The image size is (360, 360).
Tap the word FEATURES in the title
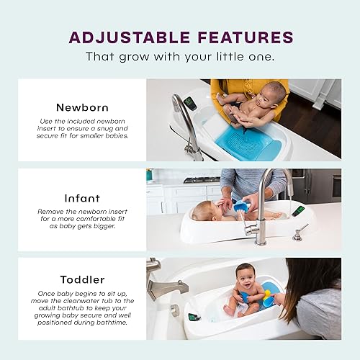click(242, 37)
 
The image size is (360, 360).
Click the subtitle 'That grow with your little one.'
click(180, 56)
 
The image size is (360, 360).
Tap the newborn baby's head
click(273, 93)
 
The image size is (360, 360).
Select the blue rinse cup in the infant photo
click(240, 207)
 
